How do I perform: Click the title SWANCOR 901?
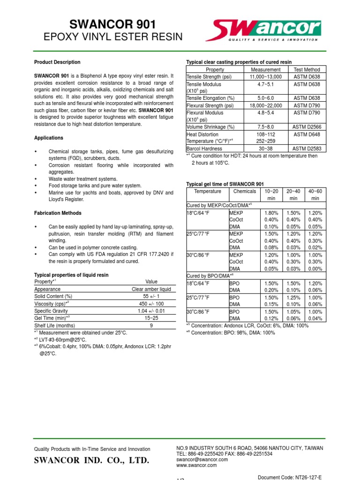click(x=106, y=24)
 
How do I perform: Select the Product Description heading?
click(x=57, y=62)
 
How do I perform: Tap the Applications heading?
click(x=49, y=138)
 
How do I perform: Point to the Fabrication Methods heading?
click(x=58, y=213)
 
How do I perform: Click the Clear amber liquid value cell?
click(x=151, y=289)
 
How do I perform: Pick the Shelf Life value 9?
click(x=151, y=325)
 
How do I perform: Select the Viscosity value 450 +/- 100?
click(x=151, y=304)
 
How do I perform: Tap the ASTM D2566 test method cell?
click(x=307, y=127)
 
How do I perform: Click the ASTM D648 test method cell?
click(x=307, y=134)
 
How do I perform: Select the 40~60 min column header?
click(x=315, y=195)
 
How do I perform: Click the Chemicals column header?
click(x=244, y=191)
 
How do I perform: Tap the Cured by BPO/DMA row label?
click(x=206, y=276)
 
